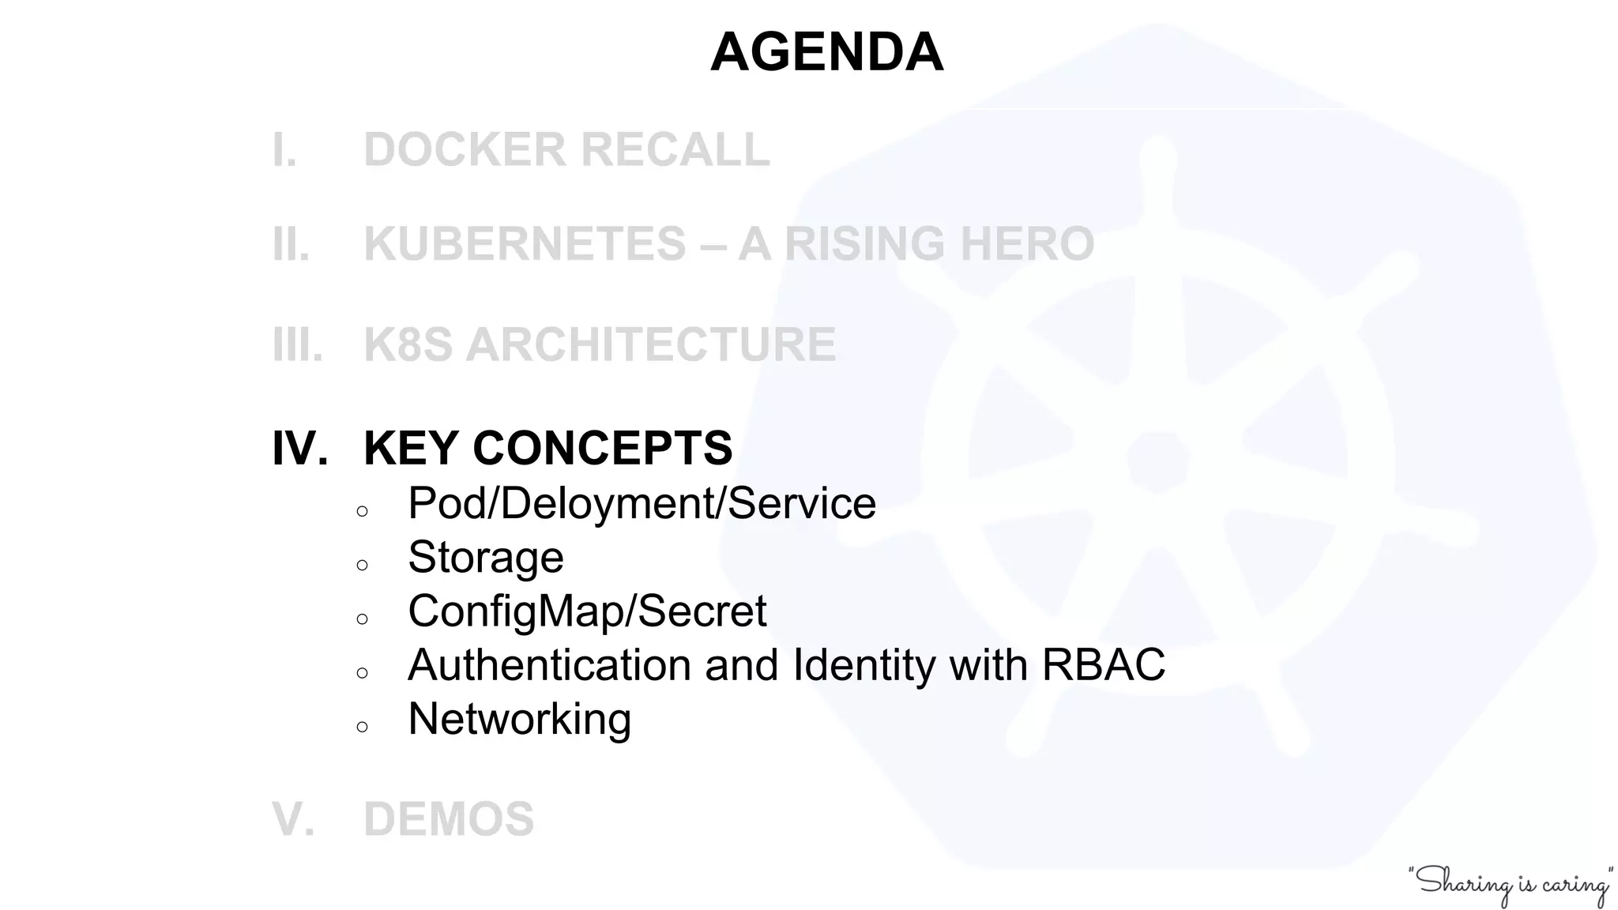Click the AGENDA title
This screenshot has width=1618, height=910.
point(826,52)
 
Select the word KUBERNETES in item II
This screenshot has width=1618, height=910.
point(524,243)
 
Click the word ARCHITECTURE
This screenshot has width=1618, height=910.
point(651,345)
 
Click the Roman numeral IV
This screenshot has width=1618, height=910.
point(299,449)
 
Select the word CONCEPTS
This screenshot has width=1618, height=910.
point(602,449)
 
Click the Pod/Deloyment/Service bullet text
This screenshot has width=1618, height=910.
point(641,503)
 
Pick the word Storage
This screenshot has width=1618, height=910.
point(485,557)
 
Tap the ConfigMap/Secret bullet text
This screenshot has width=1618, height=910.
point(586,611)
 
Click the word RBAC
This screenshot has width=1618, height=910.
point(1103,664)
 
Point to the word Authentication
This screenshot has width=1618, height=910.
point(549,664)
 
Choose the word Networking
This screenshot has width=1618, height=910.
point(519,719)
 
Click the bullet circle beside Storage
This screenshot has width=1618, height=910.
point(363,566)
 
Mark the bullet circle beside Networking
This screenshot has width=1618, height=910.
point(363,728)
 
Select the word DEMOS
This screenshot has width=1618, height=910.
point(449,819)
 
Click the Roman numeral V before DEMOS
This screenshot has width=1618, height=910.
point(292,819)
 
